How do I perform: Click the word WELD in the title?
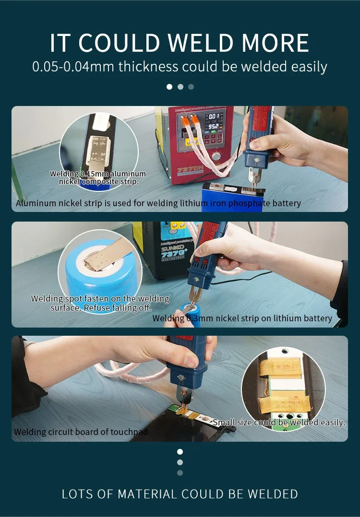coord(201,43)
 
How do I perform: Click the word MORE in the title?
coord(276,43)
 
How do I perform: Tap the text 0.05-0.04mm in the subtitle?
coord(73,67)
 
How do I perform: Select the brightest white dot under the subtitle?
coord(169,87)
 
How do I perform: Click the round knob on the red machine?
coord(216,156)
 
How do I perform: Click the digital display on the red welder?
coord(213,121)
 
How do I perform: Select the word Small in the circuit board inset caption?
coord(223,423)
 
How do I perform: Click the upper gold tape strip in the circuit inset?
coord(280,367)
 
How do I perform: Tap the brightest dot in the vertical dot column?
coord(180,452)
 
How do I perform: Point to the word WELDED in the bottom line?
coord(273,494)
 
